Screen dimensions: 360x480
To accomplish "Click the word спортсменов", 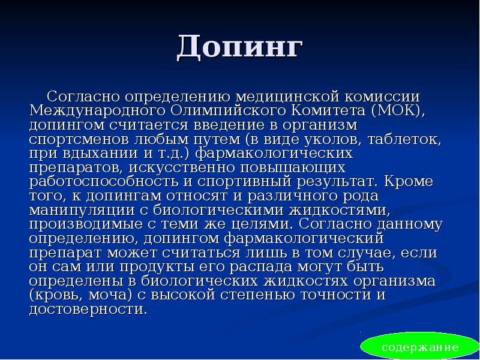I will click(x=73, y=139).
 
